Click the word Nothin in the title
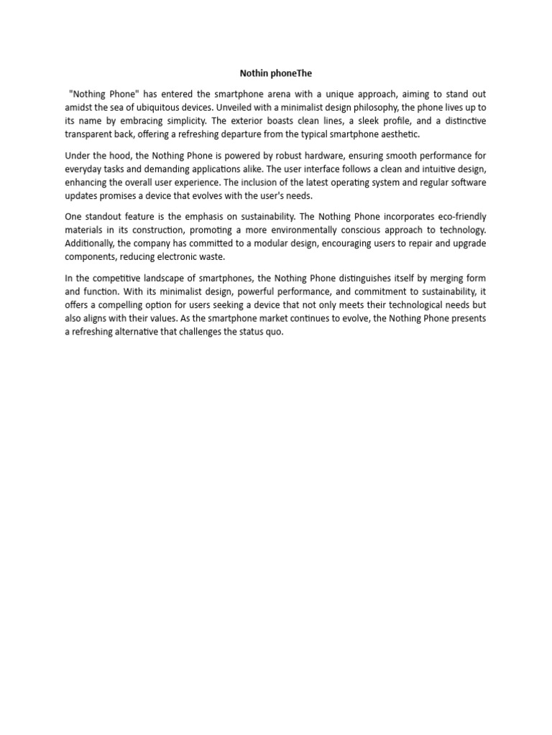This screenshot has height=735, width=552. click(253, 73)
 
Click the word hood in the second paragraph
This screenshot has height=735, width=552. click(118, 155)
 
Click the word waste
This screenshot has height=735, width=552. click(210, 256)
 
